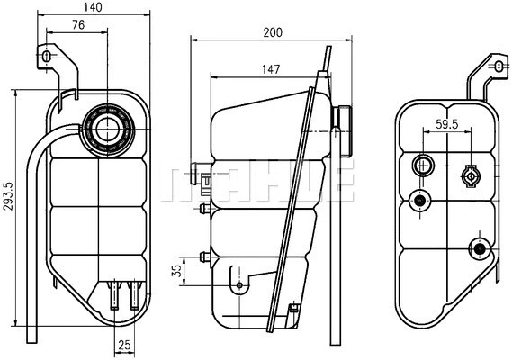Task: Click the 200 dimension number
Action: point(273,33)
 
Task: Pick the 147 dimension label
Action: point(270,68)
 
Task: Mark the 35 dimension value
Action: point(177,269)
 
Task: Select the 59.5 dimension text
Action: point(447,124)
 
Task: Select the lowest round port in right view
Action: point(480,248)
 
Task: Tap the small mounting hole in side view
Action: point(239,285)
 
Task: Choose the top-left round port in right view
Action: point(422,166)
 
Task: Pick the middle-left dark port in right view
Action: point(418,200)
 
